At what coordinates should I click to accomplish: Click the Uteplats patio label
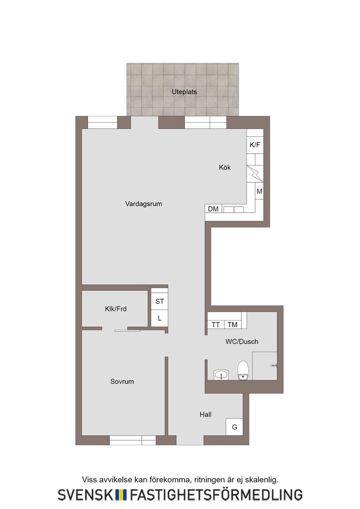[184, 92]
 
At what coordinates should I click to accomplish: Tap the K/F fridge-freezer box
[255, 145]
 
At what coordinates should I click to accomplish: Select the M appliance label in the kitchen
[259, 191]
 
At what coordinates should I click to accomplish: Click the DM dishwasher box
[213, 209]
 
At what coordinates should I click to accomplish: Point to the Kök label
[225, 168]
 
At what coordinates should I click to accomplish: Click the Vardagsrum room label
[144, 204]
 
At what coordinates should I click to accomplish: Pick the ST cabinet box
[160, 301]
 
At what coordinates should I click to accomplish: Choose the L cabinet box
[160, 318]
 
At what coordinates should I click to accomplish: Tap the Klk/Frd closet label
[115, 309]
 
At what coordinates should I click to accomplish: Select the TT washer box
[216, 324]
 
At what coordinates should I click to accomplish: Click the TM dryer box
[232, 324]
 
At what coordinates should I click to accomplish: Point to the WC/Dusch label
[242, 341]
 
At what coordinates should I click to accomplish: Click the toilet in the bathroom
[243, 370]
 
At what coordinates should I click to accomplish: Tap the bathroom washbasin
[221, 375]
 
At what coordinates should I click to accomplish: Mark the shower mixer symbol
[273, 366]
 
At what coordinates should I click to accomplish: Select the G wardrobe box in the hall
[234, 427]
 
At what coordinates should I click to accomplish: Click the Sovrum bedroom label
[122, 381]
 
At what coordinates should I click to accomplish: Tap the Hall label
[205, 415]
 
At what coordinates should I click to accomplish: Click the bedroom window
[133, 440]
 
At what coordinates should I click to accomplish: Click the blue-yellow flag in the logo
[121, 495]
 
